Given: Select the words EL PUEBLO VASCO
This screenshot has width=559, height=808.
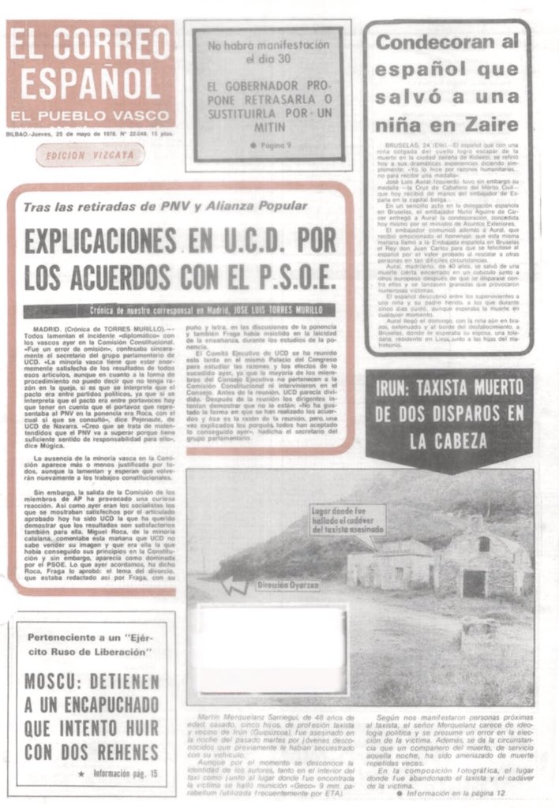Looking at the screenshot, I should (90, 115).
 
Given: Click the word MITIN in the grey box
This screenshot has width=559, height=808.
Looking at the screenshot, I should (269, 127).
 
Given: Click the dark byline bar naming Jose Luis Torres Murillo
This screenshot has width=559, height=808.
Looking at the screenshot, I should (179, 310).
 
